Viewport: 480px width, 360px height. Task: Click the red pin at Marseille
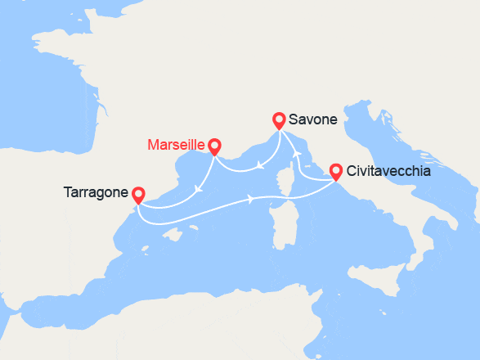(214, 146)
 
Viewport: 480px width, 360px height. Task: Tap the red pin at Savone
(279, 119)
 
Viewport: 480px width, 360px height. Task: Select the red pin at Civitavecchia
(335, 171)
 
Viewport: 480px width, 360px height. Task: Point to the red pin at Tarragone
(138, 194)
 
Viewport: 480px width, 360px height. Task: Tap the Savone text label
(307, 121)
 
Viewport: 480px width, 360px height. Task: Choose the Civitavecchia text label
(388, 172)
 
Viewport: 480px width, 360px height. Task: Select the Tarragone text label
(95, 194)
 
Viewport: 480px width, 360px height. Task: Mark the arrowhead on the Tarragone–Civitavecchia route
(249, 198)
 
